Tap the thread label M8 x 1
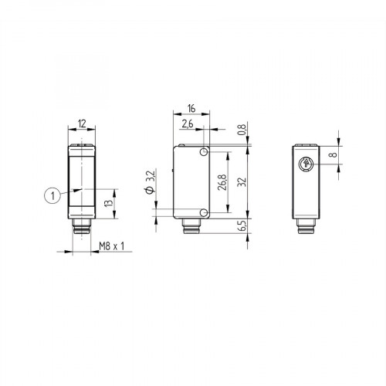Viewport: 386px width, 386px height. (113, 246)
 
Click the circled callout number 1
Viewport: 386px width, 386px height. (51, 196)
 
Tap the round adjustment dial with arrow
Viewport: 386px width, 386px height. (306, 164)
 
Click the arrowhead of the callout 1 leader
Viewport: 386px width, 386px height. (75, 190)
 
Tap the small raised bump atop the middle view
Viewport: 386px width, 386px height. (179, 144)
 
